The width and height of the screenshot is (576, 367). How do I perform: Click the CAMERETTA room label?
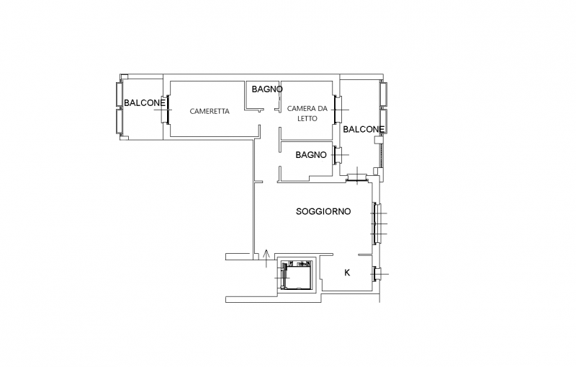(x=210, y=111)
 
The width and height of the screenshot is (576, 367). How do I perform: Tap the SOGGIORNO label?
(x=323, y=211)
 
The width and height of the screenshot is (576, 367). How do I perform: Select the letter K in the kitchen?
(x=347, y=273)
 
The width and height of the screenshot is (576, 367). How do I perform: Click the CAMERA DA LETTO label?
(x=307, y=113)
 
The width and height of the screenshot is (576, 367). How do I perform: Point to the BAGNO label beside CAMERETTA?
(x=267, y=89)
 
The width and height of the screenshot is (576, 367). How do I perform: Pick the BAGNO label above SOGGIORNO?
(x=311, y=155)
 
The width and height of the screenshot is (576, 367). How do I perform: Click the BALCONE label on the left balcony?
(x=145, y=102)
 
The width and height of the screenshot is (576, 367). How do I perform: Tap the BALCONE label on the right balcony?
(x=364, y=129)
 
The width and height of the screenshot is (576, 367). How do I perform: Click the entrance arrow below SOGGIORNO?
(x=266, y=258)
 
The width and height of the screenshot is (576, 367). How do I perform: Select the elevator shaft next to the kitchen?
(x=296, y=275)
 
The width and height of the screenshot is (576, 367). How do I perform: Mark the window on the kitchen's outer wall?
(x=376, y=273)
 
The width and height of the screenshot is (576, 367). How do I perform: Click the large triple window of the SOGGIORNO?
(x=376, y=224)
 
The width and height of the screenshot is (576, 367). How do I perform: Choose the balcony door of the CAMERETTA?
(x=166, y=110)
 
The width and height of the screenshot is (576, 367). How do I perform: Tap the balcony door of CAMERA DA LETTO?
(x=337, y=110)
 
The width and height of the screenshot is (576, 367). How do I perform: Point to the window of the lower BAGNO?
(x=337, y=155)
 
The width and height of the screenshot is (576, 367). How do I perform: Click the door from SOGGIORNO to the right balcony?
(x=357, y=178)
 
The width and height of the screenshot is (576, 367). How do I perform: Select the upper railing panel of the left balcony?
(x=120, y=94)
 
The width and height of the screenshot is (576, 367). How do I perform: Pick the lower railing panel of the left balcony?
(x=120, y=121)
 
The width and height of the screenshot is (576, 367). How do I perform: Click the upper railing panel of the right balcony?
(x=384, y=94)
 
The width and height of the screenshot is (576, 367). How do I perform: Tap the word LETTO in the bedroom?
(x=307, y=118)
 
